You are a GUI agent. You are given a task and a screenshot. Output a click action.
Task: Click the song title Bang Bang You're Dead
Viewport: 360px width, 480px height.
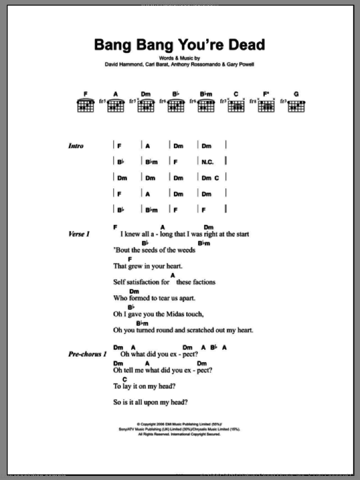click(179, 45)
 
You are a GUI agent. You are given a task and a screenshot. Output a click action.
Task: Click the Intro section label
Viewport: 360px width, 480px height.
click(76, 146)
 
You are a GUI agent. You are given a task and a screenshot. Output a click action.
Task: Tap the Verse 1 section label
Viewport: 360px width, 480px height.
click(79, 234)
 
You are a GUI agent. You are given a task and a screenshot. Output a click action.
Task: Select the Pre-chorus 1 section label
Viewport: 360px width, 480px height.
click(86, 354)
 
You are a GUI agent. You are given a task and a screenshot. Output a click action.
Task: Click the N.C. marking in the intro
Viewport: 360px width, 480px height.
click(208, 162)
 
